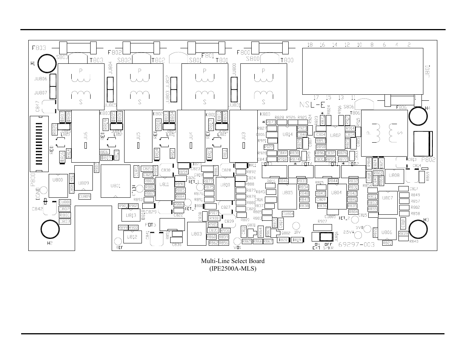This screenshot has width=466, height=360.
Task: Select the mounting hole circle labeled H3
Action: [x=418, y=229]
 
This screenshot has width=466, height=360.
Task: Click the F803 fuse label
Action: [x=39, y=48]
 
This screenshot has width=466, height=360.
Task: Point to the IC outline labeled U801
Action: [x=115, y=186]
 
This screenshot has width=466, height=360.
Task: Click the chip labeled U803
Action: [x=196, y=234]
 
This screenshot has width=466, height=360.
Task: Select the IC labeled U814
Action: [x=287, y=135]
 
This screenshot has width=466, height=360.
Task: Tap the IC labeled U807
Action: [x=388, y=197]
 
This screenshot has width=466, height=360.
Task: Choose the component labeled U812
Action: [x=132, y=237]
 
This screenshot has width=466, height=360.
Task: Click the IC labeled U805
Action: [x=288, y=193]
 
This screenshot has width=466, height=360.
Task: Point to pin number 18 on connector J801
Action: [x=310, y=45]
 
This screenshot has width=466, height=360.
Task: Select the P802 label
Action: [x=428, y=160]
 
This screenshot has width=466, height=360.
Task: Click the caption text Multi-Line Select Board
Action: [x=232, y=261]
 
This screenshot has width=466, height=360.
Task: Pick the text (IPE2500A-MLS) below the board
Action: [x=232, y=269]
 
